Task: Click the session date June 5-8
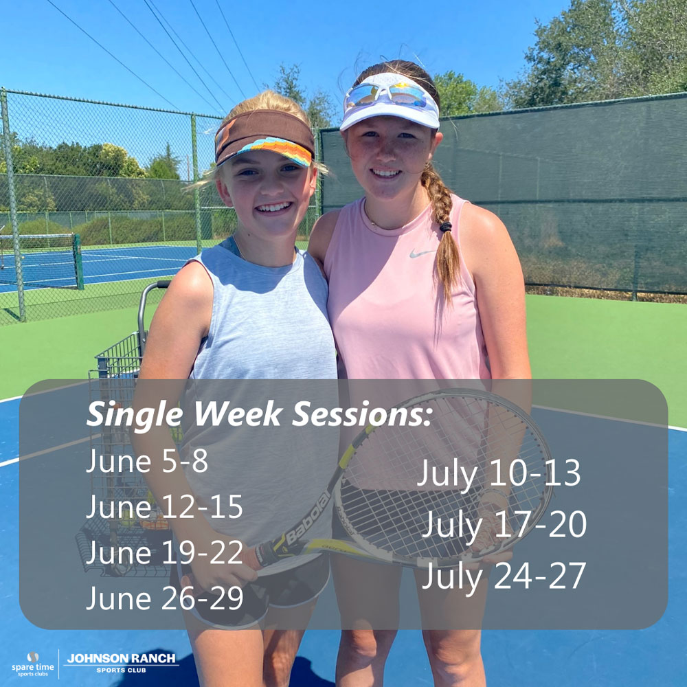point(147,462)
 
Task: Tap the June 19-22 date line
point(164,552)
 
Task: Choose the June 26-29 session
point(165,598)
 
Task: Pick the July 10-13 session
point(499,473)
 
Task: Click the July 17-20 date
point(504,525)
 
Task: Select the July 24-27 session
point(504,576)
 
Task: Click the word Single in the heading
point(135,414)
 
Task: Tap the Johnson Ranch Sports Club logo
point(121,663)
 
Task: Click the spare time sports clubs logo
point(32,664)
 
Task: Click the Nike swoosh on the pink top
point(422,253)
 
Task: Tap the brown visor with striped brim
point(264,137)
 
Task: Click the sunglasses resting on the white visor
point(385,94)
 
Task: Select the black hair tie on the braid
point(446,227)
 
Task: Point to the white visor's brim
point(389,117)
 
